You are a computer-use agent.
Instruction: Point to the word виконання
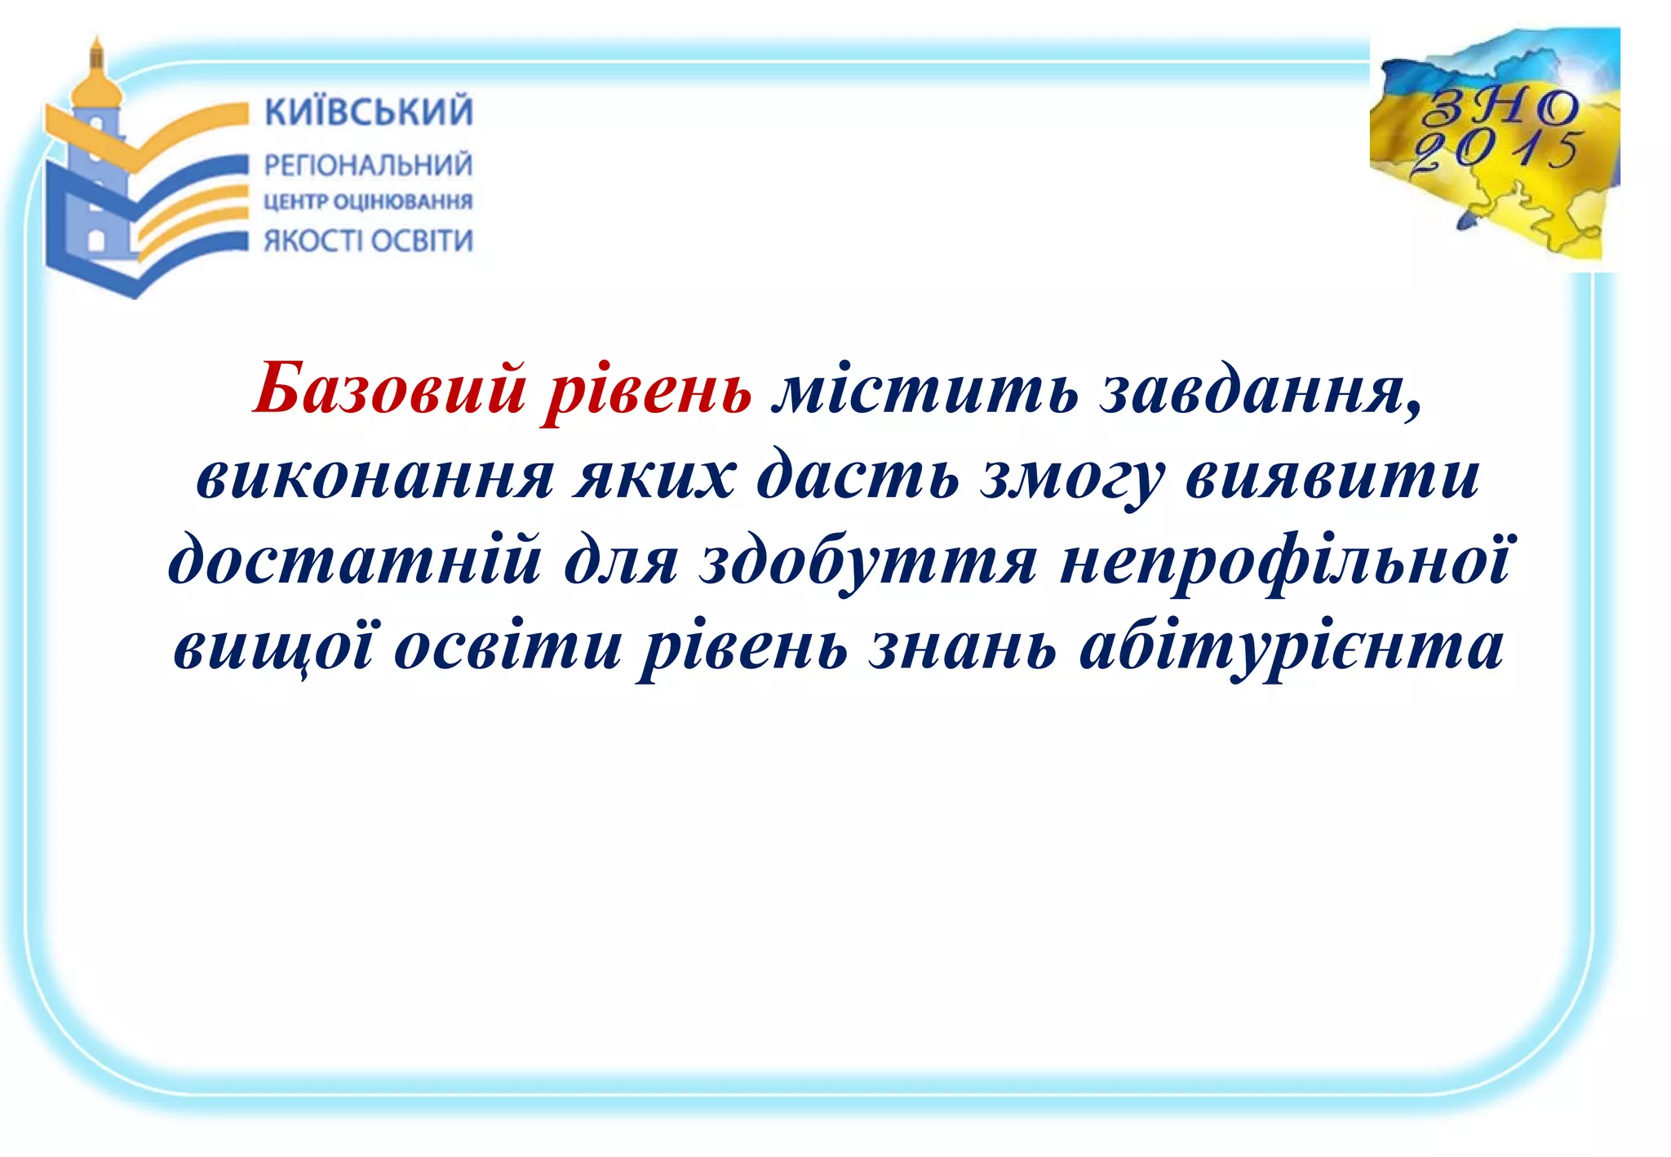[375, 477]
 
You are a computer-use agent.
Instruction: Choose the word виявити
[1332, 477]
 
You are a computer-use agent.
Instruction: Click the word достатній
[355, 562]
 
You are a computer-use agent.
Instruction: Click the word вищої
[274, 647]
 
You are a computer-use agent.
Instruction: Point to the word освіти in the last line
[508, 646]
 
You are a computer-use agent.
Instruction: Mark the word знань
[963, 646]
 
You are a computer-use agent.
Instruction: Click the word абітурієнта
[1291, 648]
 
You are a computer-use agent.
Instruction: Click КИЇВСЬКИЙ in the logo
[369, 112]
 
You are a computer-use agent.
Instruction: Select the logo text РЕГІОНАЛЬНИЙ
[368, 166]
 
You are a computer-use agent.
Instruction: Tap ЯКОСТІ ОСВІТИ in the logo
[368, 242]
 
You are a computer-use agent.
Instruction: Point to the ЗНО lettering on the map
[1500, 107]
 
